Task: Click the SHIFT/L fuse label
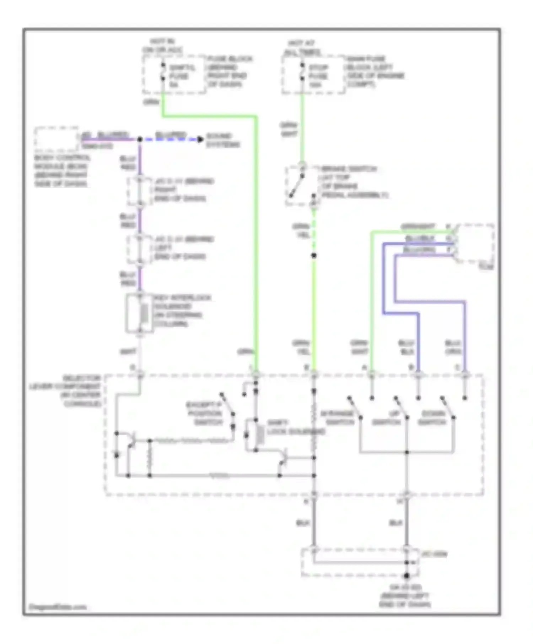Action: [182, 76]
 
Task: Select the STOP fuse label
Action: [318, 76]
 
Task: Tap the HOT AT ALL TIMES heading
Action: [302, 48]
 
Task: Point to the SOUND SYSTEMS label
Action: [223, 140]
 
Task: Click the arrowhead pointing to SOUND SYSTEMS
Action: [201, 139]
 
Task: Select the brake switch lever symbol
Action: [296, 186]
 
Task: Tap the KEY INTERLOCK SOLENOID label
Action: [182, 311]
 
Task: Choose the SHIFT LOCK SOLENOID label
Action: [296, 427]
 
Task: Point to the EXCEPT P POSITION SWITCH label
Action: [204, 414]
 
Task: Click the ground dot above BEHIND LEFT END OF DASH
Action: [407, 575]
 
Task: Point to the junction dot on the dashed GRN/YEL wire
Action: [314, 255]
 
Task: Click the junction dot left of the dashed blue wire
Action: [140, 139]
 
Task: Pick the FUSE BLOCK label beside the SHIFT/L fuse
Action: [230, 71]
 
